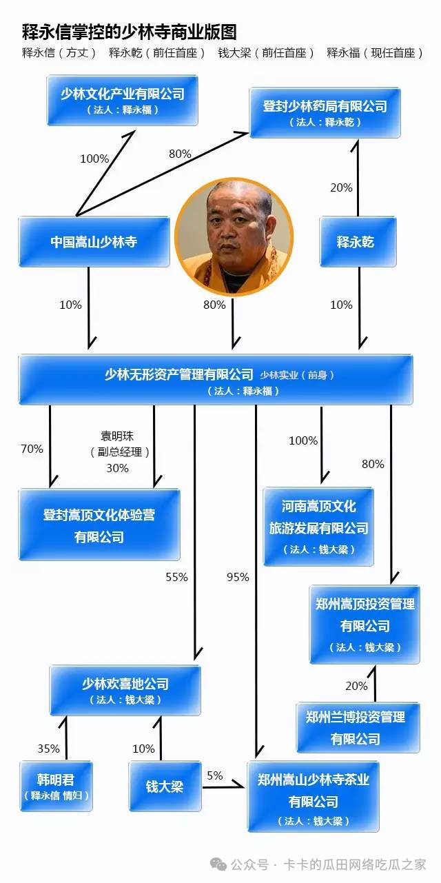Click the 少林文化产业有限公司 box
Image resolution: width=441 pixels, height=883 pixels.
click(x=123, y=101)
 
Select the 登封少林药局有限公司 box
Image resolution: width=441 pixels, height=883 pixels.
click(x=325, y=112)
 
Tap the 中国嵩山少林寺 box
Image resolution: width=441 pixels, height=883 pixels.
click(x=94, y=242)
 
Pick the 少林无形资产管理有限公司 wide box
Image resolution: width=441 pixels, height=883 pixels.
click(x=215, y=380)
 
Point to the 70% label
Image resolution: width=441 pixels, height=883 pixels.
click(x=32, y=449)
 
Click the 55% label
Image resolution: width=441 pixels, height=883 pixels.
click(x=176, y=578)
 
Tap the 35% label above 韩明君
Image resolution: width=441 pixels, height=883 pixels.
click(x=48, y=749)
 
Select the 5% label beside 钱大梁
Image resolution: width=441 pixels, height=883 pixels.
click(x=214, y=775)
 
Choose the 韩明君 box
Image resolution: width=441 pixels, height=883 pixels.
click(x=56, y=786)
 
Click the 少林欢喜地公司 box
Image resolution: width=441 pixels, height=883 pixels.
click(x=125, y=690)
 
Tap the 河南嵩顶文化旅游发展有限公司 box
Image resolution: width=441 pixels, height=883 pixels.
click(x=318, y=527)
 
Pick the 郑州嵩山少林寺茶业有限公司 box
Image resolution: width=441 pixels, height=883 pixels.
click(x=314, y=795)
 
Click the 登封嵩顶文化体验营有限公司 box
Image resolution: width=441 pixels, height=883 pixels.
click(x=99, y=525)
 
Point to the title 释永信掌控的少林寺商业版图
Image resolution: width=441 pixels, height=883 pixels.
click(x=130, y=32)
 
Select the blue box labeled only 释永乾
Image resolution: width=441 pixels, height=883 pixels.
click(x=358, y=242)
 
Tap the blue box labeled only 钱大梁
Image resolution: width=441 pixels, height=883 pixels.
click(x=165, y=786)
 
